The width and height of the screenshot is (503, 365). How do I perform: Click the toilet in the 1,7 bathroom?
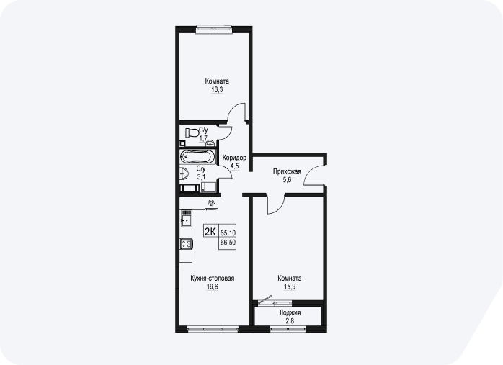(192, 132)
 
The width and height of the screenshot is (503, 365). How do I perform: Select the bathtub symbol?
(196, 157)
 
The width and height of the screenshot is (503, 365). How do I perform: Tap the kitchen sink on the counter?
(186, 220)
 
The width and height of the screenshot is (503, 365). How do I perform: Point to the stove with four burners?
(186, 244)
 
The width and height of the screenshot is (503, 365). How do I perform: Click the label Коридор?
(234, 158)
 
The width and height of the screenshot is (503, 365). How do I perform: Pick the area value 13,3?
(217, 90)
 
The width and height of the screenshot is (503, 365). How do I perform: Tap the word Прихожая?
(287, 171)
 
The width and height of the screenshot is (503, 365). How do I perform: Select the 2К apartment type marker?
(210, 231)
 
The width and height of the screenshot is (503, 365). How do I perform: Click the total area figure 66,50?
(228, 243)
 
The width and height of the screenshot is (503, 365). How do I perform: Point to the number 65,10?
(228, 233)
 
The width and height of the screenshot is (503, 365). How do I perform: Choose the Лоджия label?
(290, 312)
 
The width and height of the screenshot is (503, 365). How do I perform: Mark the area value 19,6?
(213, 287)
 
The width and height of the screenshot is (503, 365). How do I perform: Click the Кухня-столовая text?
(213, 278)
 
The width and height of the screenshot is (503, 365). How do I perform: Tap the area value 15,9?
(290, 287)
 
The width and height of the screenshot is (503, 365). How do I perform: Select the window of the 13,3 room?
(214, 30)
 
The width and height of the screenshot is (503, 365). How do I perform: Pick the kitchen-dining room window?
(213, 329)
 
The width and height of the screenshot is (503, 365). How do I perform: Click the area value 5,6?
(287, 180)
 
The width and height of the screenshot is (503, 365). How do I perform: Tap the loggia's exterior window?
(288, 329)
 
